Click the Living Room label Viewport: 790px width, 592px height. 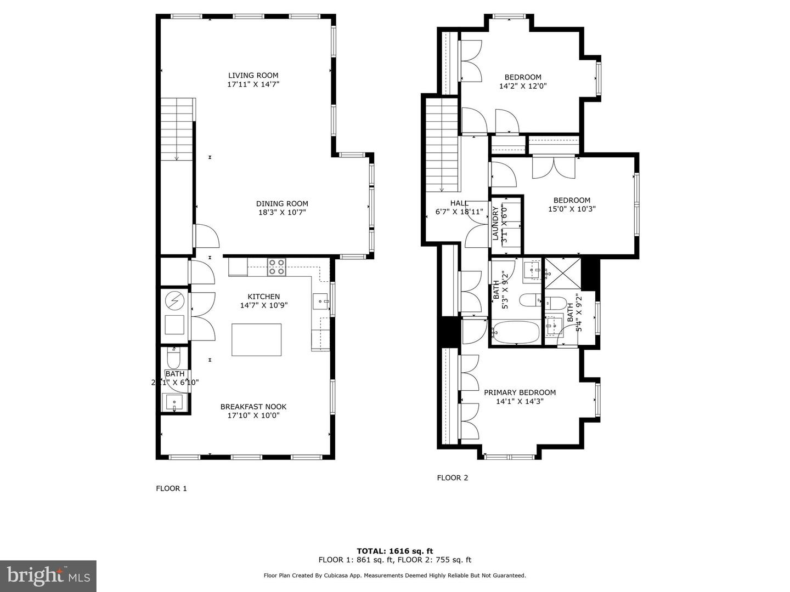253,76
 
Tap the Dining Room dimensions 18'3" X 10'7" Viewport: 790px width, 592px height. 282,213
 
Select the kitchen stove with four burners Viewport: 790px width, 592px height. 276,267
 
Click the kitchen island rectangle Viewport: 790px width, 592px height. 257,340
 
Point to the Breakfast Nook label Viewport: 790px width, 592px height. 253,407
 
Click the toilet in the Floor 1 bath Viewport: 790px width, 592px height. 174,359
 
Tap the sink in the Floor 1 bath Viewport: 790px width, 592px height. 174,403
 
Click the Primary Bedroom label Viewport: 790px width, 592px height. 520,392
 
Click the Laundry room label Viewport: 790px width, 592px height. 495,223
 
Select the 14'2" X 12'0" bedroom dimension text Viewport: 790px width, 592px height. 523,86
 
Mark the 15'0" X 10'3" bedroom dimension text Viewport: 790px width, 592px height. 572,209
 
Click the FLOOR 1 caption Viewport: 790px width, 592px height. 171,488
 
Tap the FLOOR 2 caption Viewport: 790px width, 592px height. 452,478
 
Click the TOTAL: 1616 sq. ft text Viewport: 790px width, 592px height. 395,551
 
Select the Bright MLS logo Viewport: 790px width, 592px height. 48,576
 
